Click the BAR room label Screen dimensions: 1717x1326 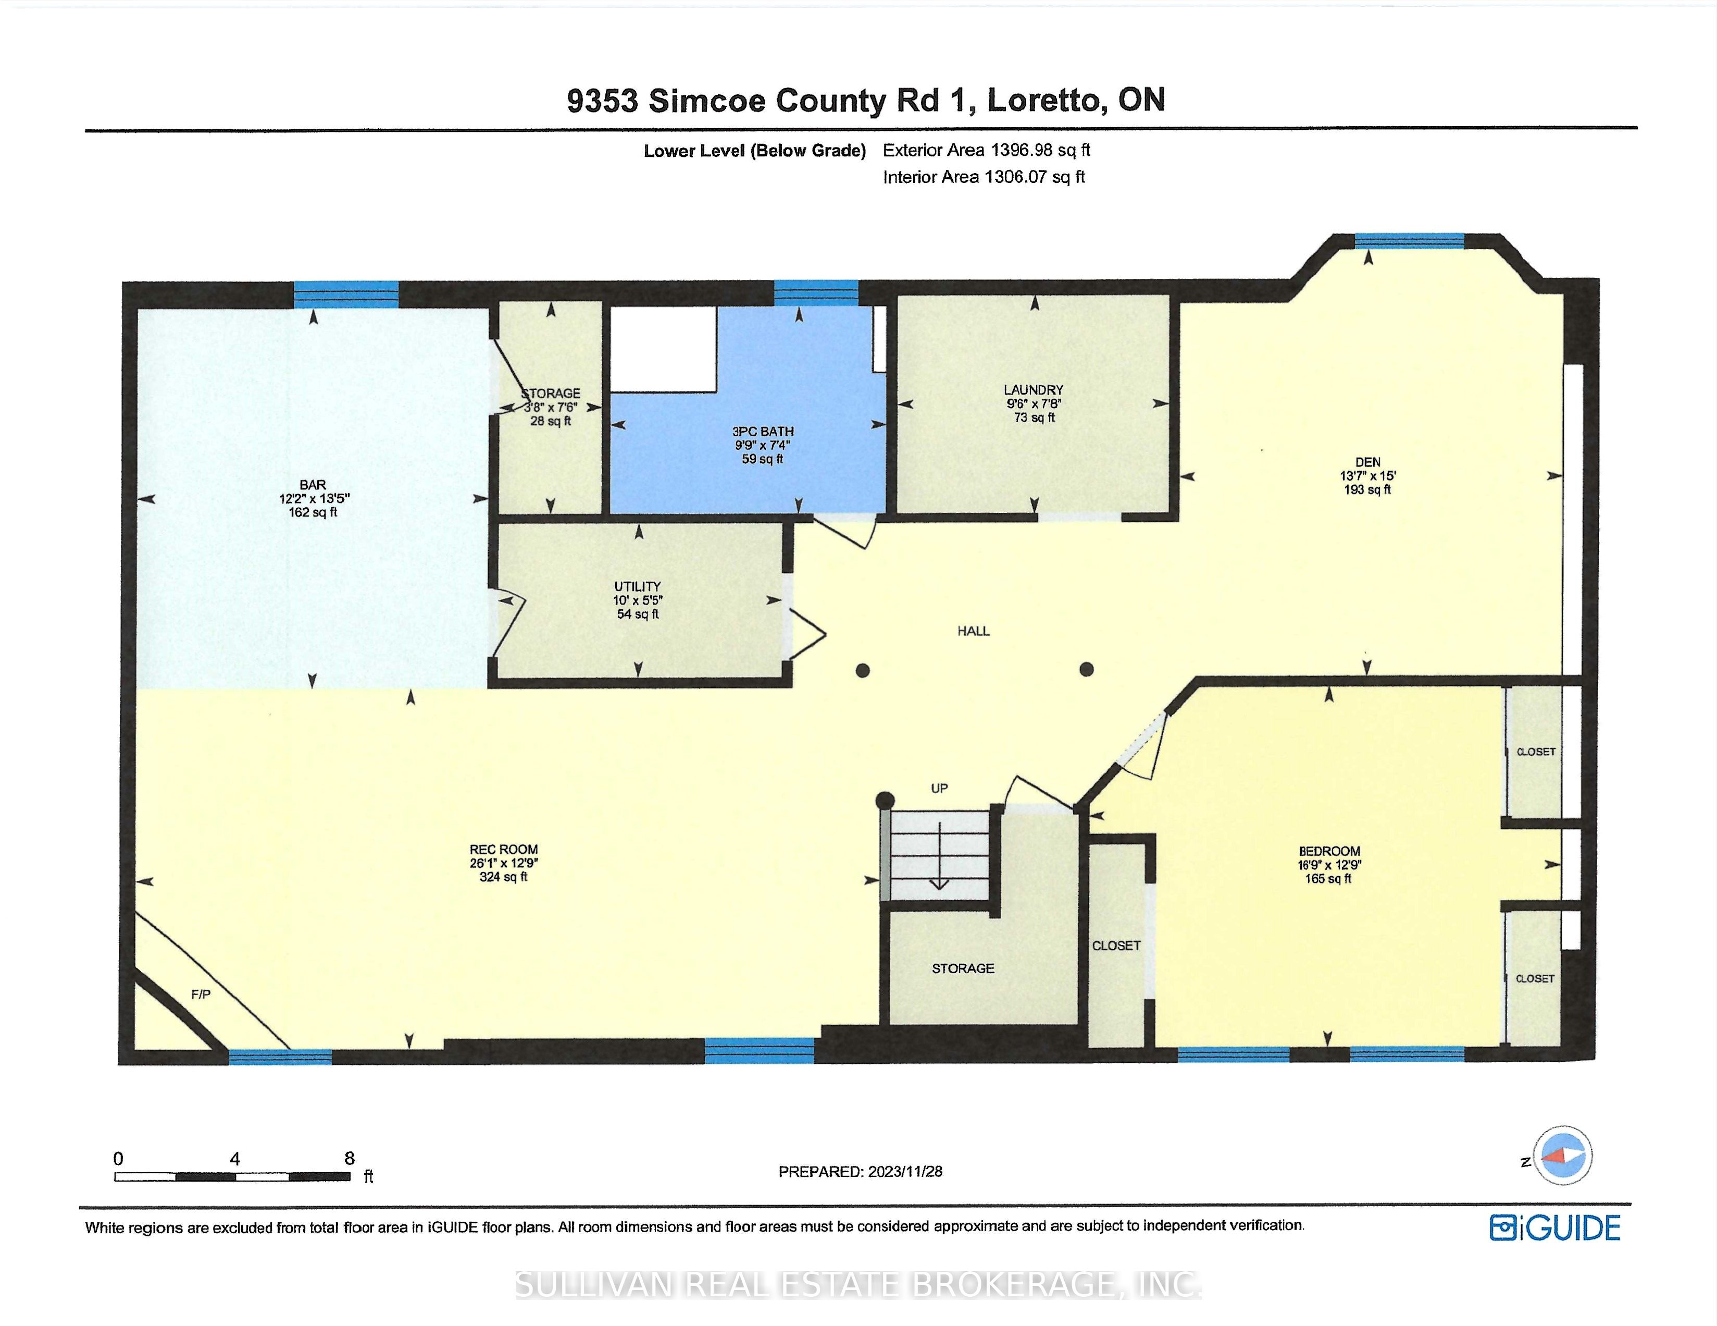(x=313, y=485)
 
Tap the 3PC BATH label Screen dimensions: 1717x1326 (x=763, y=432)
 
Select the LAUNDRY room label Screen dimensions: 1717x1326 (x=1033, y=390)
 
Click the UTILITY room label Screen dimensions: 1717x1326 (x=638, y=587)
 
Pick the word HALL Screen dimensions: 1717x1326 (x=973, y=631)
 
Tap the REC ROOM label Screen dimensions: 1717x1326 (x=504, y=850)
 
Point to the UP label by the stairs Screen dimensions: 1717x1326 (x=939, y=788)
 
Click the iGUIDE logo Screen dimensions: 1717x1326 (x=1555, y=1227)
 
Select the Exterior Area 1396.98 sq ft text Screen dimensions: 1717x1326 (x=987, y=150)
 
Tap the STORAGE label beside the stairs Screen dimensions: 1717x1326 (x=963, y=968)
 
